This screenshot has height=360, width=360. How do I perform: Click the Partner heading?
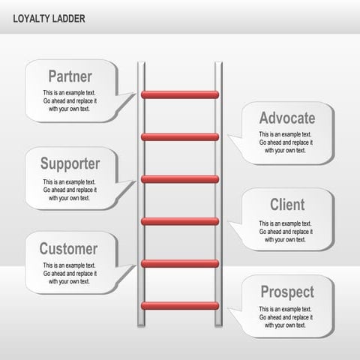70,76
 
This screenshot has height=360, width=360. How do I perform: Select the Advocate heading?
287,118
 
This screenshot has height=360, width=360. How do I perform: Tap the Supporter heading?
70,163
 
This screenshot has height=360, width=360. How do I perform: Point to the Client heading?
287,205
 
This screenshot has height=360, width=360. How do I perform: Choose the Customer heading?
68,249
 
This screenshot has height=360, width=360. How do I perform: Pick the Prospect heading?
287,292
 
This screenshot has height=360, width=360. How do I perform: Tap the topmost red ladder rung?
180,94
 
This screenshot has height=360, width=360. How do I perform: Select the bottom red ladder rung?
180,306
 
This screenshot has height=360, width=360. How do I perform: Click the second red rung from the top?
180,137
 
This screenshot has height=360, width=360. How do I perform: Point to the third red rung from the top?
180,179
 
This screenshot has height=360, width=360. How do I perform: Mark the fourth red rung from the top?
180,221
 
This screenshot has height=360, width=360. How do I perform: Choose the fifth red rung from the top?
180,263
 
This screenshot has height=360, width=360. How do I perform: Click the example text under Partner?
69,100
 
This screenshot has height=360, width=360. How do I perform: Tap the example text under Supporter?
69,190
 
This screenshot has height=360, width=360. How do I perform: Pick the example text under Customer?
69,273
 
